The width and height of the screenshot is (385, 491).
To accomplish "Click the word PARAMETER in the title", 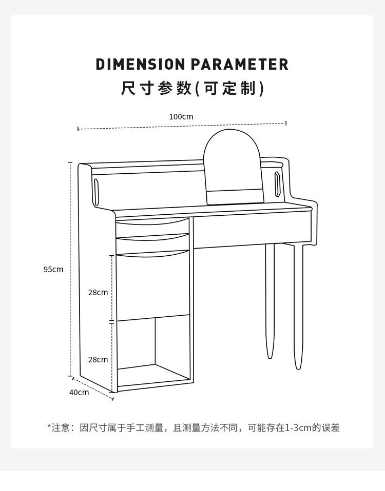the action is click(240, 65).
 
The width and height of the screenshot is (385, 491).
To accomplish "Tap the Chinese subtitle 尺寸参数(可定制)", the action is click(192, 88).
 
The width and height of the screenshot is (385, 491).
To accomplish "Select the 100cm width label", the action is click(181, 116).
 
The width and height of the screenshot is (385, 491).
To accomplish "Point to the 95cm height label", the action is click(53, 269).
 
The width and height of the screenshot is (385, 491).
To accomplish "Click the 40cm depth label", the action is click(79, 392).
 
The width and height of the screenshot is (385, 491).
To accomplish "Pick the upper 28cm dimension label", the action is click(98, 292).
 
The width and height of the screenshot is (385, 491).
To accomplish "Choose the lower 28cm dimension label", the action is click(98, 359).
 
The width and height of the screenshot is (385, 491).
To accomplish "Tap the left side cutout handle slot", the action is click(97, 192).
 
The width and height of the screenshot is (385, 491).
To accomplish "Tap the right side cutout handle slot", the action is click(277, 185).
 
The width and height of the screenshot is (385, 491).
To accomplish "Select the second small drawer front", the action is click(152, 244).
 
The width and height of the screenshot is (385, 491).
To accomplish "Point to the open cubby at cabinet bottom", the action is click(154, 349).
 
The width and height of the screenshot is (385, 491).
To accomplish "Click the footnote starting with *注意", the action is click(193, 427).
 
